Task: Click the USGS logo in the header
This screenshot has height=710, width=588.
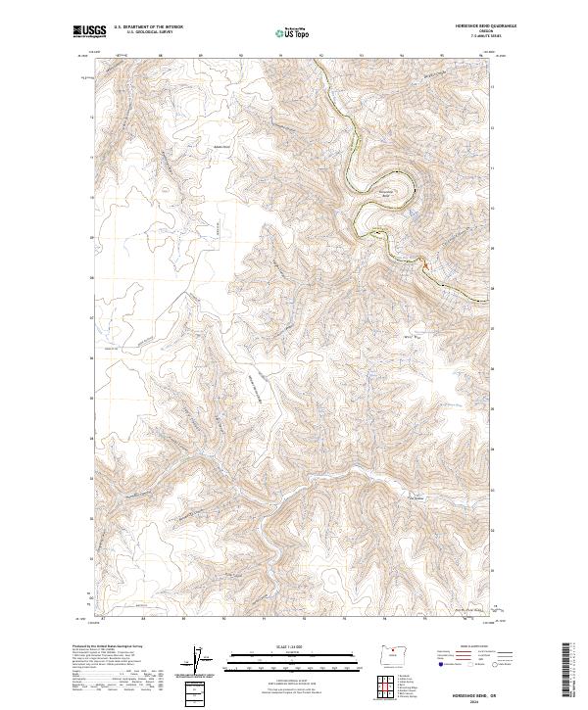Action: click(x=88, y=33)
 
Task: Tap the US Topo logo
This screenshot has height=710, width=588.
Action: click(x=293, y=33)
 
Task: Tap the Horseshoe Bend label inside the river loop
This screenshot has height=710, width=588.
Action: click(x=385, y=193)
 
